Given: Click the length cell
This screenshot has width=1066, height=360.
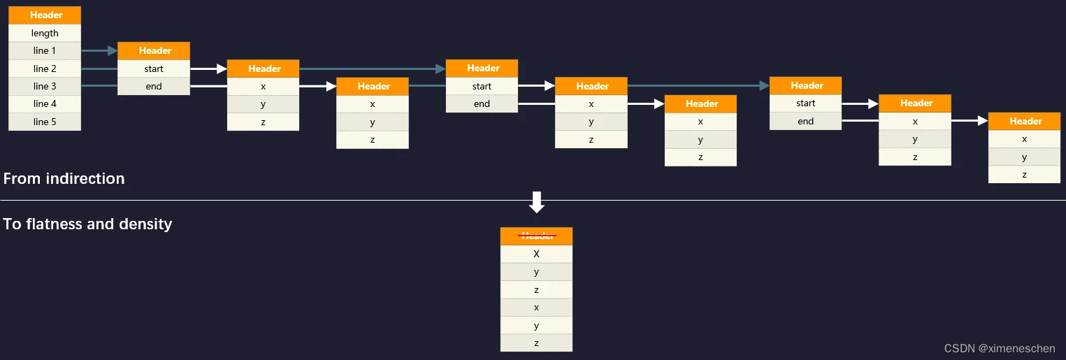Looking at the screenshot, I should [45, 33].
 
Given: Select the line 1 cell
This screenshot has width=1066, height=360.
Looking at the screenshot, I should [45, 50].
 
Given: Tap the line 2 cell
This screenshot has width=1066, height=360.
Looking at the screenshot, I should [45, 69].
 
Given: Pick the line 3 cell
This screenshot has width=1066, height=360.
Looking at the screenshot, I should [45, 86].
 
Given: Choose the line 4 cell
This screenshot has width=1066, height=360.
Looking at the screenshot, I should [45, 103].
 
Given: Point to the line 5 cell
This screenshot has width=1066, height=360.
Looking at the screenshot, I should [45, 122].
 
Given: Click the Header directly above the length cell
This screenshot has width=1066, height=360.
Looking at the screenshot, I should [45, 15].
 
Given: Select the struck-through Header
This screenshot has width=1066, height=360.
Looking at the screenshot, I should [536, 236].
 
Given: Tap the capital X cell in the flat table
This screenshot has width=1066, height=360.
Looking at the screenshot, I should [536, 254].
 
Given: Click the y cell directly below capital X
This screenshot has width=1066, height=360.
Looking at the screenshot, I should [536, 272].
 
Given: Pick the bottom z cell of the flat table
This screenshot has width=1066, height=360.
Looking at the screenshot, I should [536, 343].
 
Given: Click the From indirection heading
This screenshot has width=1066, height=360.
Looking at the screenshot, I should [64, 178].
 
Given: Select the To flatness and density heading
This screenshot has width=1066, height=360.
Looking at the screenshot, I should [87, 224].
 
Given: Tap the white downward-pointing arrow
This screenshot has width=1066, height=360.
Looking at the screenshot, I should [536, 202].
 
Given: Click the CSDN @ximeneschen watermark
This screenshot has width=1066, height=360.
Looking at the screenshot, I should [1000, 348].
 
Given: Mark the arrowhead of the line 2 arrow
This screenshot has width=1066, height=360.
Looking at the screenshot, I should [440, 69].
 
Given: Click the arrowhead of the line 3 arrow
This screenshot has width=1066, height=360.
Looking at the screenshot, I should [764, 86].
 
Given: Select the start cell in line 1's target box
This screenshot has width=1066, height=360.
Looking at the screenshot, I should [154, 69].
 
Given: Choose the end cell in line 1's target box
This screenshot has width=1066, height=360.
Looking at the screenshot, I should [154, 86].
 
